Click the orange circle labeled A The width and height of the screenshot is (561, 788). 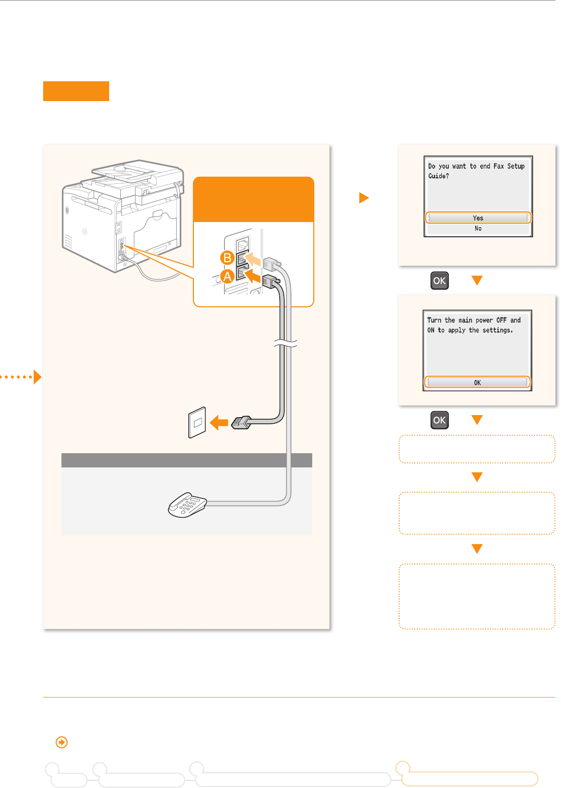click(x=227, y=276)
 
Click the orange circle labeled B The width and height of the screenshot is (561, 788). click(x=227, y=258)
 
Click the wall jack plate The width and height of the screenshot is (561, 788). click(x=197, y=422)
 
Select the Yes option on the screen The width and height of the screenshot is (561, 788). click(x=478, y=218)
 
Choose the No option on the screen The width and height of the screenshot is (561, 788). click(x=478, y=229)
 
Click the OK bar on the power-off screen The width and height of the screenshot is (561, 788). click(x=477, y=383)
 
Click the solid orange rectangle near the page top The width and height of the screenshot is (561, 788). click(x=76, y=91)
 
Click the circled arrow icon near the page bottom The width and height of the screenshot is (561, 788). click(x=61, y=743)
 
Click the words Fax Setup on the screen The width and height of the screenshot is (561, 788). click(x=509, y=166)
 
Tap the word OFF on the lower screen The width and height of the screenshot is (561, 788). click(x=501, y=320)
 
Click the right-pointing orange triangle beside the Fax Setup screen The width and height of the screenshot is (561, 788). click(x=364, y=198)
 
